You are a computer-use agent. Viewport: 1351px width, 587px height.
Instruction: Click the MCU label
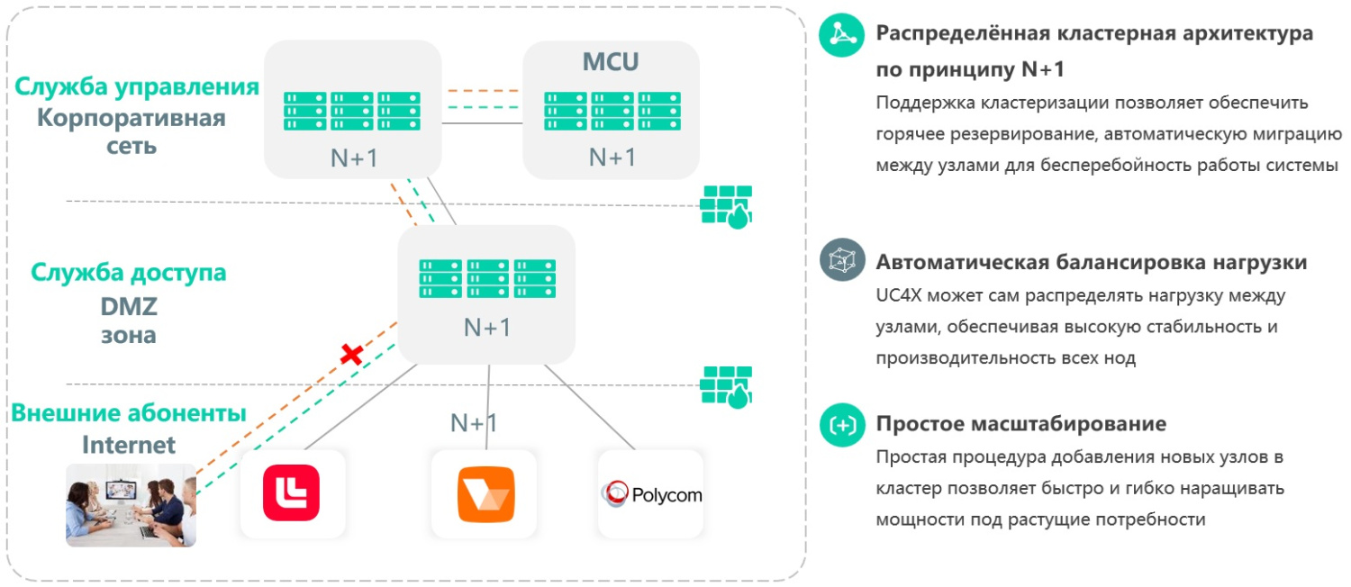[x=612, y=62]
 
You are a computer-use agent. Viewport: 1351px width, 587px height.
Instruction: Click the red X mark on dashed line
[x=351, y=354]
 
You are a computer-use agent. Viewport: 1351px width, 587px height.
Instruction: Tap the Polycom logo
[x=650, y=493]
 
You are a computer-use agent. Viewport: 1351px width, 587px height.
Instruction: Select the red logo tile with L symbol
[x=292, y=492]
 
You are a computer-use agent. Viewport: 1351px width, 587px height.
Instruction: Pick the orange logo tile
[x=485, y=493]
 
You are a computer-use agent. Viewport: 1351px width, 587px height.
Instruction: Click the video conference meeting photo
[x=131, y=505]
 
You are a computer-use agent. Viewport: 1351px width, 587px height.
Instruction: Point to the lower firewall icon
[x=727, y=387]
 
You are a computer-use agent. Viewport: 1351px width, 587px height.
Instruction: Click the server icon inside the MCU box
[x=612, y=111]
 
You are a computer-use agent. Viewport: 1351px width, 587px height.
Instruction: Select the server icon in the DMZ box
[x=487, y=279]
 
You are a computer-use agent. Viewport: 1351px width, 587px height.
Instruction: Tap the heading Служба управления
[x=137, y=87]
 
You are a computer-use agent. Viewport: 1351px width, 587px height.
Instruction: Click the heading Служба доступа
[x=129, y=272]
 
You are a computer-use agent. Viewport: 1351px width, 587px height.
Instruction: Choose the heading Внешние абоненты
[x=128, y=413]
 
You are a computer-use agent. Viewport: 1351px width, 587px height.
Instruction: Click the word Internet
[x=129, y=445]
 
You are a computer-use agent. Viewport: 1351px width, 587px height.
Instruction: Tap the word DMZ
[x=129, y=306]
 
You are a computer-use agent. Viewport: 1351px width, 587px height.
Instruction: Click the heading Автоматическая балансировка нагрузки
[x=1092, y=263]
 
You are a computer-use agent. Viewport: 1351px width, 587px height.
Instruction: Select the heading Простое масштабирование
[x=1020, y=423]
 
